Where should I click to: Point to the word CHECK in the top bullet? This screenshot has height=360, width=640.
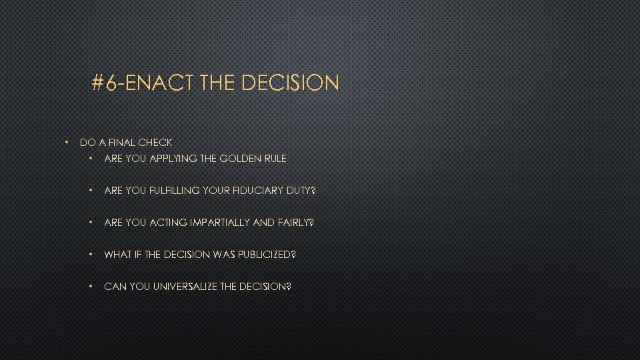click(x=155, y=142)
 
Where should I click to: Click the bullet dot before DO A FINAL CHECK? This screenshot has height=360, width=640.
click(x=67, y=142)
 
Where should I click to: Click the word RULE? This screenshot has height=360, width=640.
click(x=275, y=159)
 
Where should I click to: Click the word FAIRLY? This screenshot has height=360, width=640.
click(x=293, y=223)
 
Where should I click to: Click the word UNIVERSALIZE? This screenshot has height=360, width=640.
click(x=184, y=287)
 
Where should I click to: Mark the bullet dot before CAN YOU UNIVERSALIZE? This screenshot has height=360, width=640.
click(x=92, y=287)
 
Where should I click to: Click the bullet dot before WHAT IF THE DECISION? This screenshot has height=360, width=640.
click(x=92, y=255)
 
